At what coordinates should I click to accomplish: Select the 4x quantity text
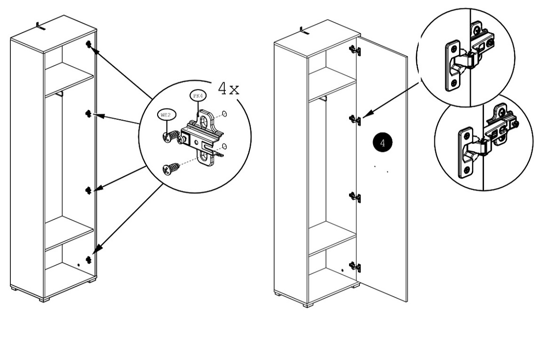click(x=229, y=89)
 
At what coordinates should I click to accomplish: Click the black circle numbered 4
click(x=382, y=141)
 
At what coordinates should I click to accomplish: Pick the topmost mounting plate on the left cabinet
click(x=89, y=45)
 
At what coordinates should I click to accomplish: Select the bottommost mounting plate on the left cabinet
click(x=89, y=259)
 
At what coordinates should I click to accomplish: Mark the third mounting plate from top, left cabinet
click(x=89, y=190)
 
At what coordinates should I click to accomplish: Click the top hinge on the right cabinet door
click(x=355, y=50)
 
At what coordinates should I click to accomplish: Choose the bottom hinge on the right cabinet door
click(x=355, y=267)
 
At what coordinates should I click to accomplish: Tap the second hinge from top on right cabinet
click(x=355, y=119)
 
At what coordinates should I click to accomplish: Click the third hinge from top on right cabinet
click(x=355, y=197)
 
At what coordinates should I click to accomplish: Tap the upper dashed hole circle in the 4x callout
click(x=224, y=114)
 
